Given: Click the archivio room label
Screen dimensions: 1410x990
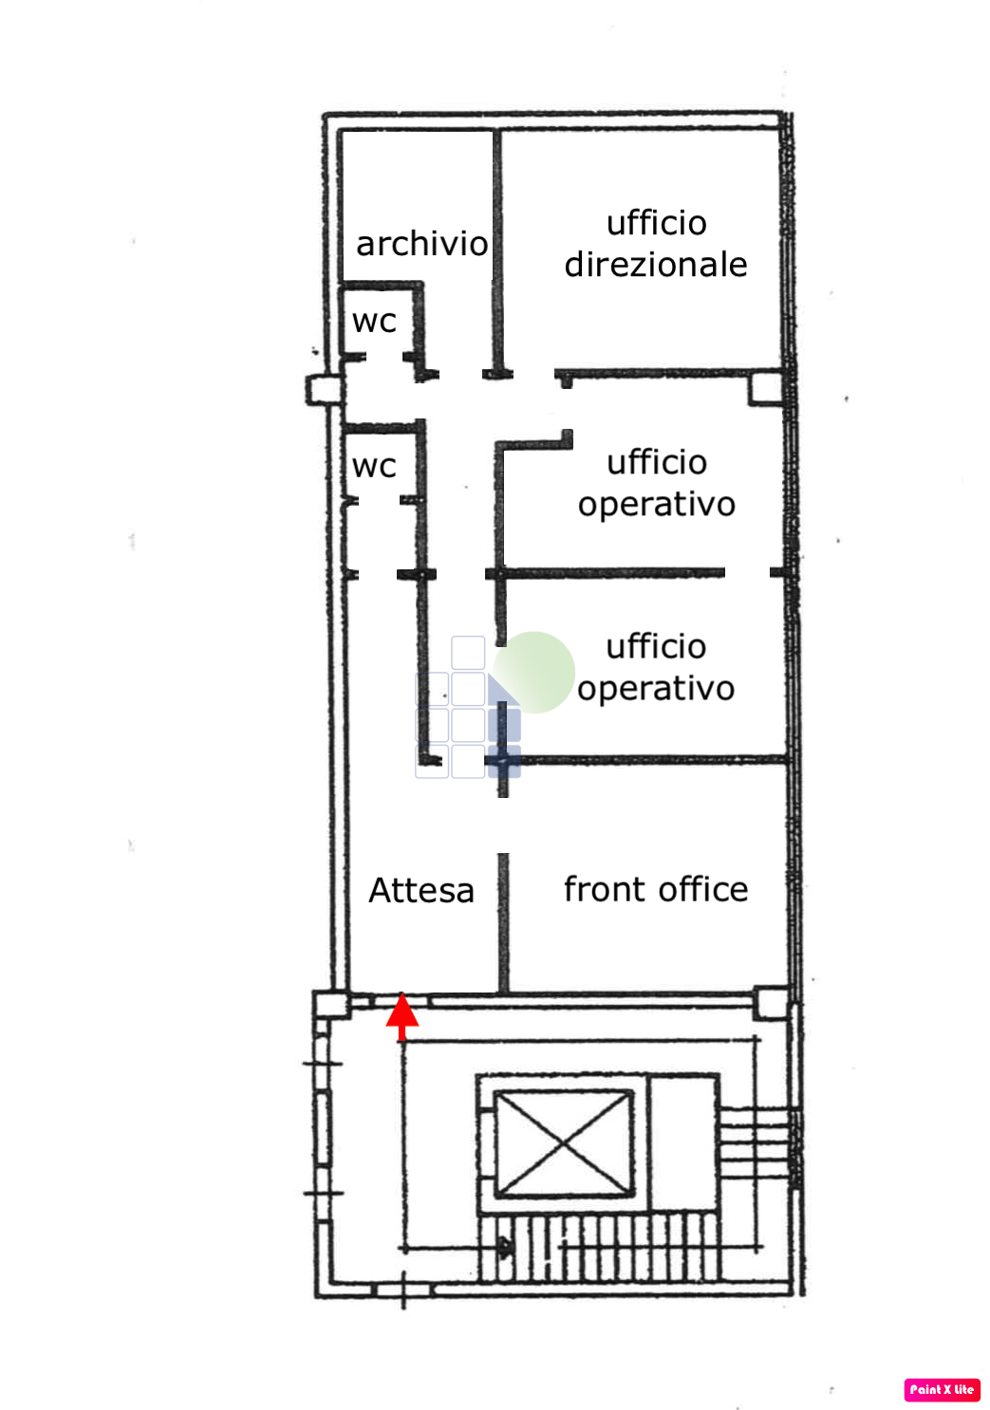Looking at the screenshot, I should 421,244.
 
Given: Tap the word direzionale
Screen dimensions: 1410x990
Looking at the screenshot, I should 656,265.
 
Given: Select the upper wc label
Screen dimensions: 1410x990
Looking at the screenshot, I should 374,321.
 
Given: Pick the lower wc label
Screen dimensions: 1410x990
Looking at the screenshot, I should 374,466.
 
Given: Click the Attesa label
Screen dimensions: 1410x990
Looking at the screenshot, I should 421,890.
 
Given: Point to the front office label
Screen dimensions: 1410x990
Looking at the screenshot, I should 656,889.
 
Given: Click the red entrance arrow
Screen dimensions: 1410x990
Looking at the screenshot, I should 402,1016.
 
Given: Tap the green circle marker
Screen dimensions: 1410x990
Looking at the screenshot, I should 534,672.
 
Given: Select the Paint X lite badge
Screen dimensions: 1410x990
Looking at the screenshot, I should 942,1389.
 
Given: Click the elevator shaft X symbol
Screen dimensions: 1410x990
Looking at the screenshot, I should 564,1143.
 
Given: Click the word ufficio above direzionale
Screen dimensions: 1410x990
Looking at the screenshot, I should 657,223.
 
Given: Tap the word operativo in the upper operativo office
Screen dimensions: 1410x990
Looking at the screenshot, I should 657,504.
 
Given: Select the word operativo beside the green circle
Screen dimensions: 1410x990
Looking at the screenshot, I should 656,688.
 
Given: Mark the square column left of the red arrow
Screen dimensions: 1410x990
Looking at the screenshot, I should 331,1005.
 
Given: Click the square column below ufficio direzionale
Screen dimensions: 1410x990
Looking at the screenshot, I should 766,387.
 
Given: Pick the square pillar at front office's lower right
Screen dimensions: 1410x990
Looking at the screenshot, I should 772,1002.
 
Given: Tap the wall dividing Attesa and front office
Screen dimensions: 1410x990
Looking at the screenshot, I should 503,920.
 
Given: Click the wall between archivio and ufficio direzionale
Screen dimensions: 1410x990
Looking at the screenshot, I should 495,247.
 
